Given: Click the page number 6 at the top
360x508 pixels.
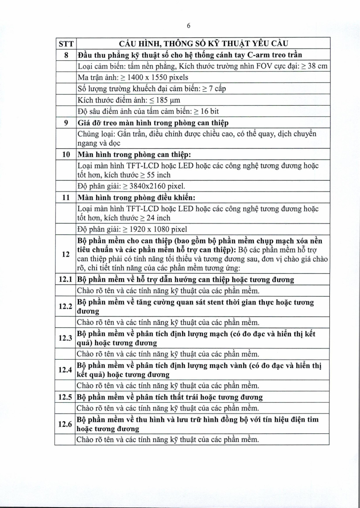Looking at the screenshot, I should (x=189, y=26).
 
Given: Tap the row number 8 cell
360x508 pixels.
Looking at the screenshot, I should (x=66, y=55).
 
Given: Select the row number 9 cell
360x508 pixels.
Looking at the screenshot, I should (x=66, y=123).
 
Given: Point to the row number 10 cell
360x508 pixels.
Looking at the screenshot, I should (x=66, y=154).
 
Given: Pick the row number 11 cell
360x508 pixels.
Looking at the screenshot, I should (x=66, y=197).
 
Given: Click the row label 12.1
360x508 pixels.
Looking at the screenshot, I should (x=65, y=280).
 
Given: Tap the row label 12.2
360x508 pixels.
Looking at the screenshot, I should (x=65, y=307).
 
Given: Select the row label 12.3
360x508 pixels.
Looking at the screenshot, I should (x=65, y=338).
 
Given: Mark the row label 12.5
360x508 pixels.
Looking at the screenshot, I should (x=65, y=397).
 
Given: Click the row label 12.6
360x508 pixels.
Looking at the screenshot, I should (x=65, y=424).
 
